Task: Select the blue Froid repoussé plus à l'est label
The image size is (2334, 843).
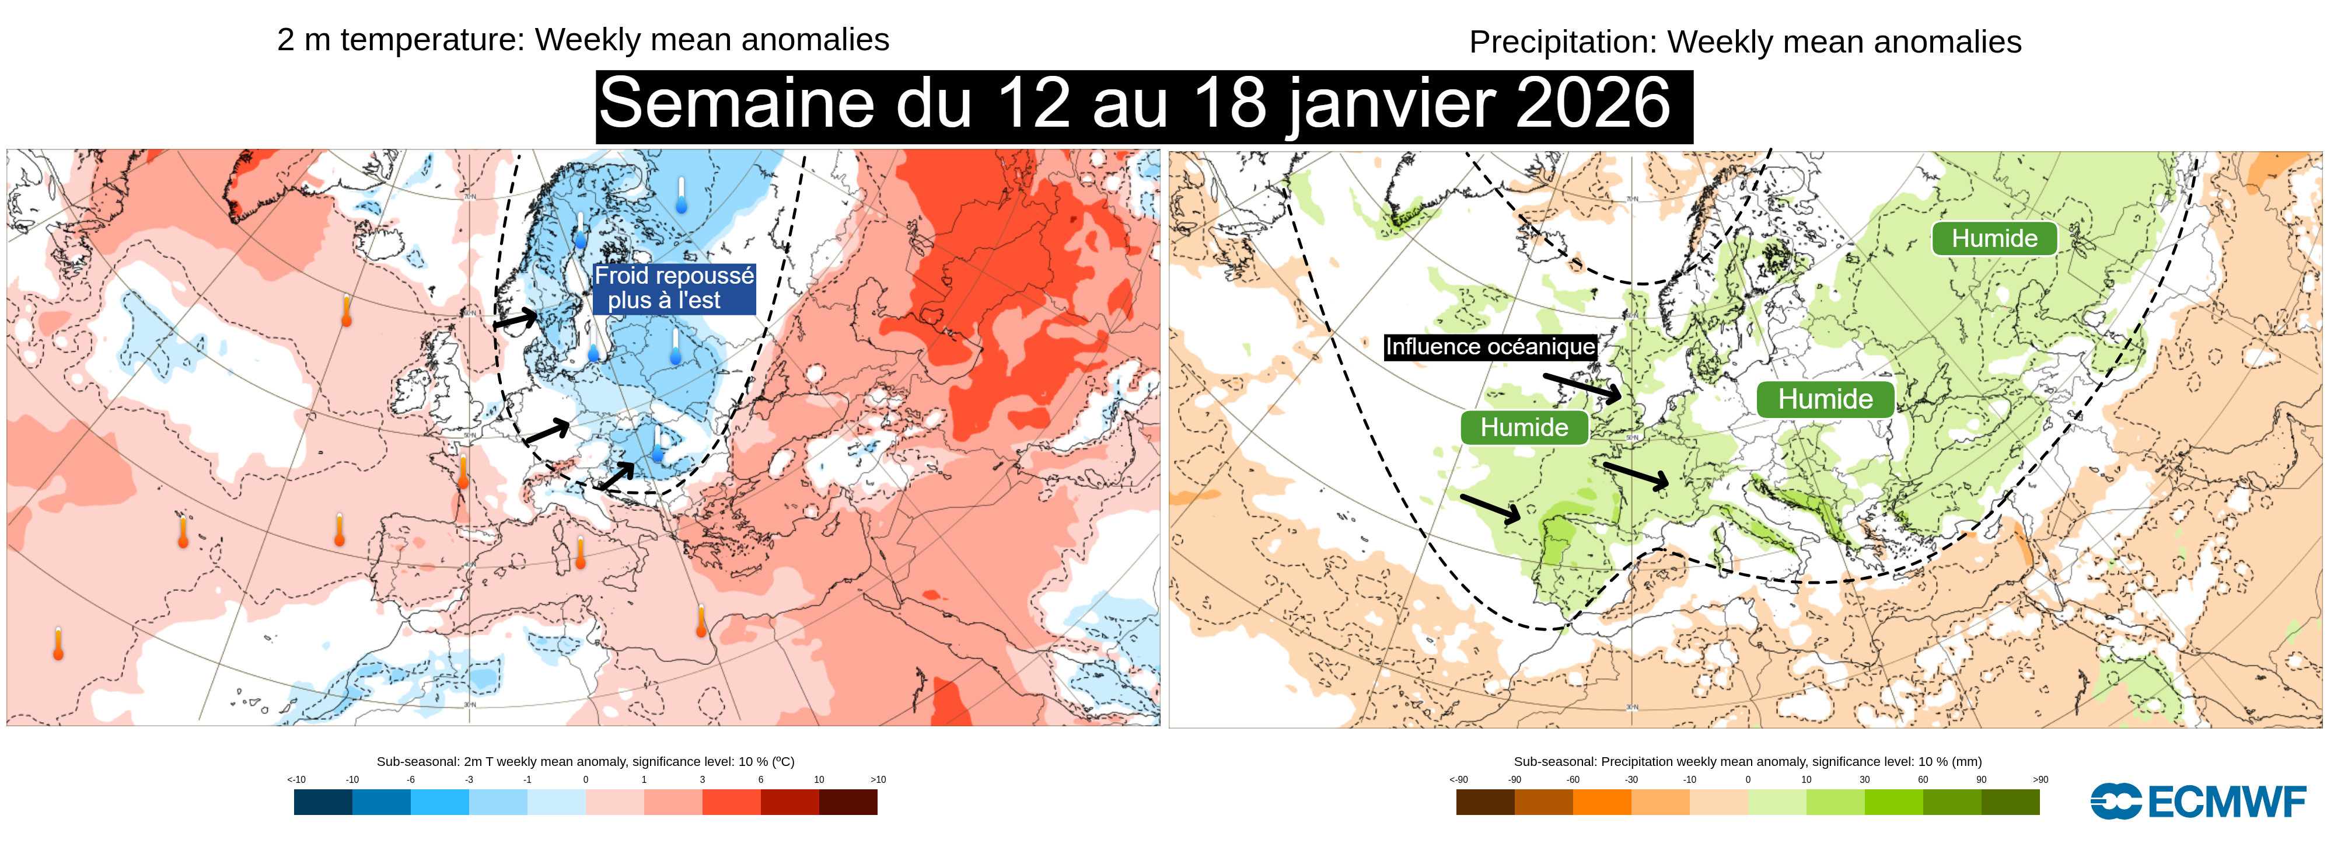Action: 673,288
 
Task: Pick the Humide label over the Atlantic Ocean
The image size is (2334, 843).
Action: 1524,427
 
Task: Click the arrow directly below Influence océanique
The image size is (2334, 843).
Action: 1582,387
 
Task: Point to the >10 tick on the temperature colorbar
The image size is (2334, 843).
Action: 877,779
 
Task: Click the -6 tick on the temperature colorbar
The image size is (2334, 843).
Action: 410,779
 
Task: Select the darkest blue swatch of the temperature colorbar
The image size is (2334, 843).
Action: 323,802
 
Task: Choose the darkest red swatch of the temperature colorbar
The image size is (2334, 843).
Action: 848,802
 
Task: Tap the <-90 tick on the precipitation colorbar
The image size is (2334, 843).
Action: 1458,779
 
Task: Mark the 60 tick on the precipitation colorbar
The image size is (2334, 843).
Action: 1923,779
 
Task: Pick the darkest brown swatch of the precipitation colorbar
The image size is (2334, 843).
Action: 1485,802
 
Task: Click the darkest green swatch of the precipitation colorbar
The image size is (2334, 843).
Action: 2011,802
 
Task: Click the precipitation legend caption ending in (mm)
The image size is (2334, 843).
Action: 1747,761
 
